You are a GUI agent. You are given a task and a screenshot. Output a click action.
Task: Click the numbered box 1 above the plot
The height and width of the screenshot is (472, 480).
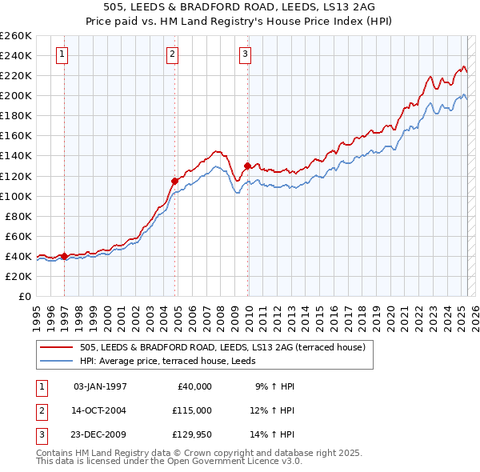coord(62,54)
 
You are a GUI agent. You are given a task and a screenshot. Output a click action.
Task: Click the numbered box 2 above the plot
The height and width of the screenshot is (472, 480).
coord(172,54)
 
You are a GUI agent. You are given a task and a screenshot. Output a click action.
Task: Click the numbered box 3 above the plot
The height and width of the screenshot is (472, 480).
coord(245,54)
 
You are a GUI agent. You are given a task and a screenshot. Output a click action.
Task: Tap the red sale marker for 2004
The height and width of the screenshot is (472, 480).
coord(174,180)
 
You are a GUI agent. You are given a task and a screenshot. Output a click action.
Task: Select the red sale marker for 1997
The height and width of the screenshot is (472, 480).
coord(64,256)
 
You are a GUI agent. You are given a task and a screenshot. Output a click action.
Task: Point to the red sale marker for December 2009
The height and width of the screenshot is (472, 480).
coord(247,166)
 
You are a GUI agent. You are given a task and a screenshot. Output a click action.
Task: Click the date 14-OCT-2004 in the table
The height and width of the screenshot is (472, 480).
coord(99,410)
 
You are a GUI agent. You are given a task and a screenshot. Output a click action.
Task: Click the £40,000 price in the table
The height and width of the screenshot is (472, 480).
coord(191,386)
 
